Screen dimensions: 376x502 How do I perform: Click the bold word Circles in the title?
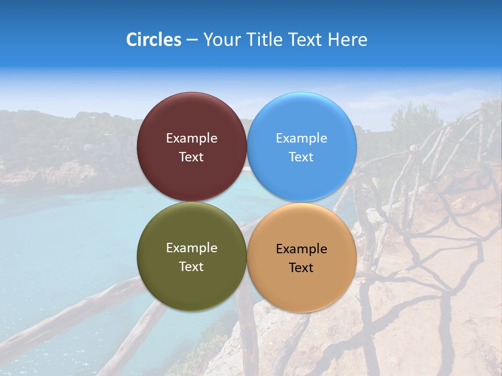tap(154, 40)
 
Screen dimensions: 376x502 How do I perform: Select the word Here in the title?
tap(348, 40)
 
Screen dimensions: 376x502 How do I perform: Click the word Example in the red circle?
tap(191, 138)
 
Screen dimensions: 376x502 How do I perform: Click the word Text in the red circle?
tap(191, 157)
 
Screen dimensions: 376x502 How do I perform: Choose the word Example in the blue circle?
tap(302, 138)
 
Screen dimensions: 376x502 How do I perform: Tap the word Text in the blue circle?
tap(302, 157)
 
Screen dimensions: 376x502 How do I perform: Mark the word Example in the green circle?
tap(191, 248)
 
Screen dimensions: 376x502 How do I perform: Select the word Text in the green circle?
tap(191, 267)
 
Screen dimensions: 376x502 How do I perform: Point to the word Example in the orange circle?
tap(302, 249)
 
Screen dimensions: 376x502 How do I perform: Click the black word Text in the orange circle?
tap(302, 268)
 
